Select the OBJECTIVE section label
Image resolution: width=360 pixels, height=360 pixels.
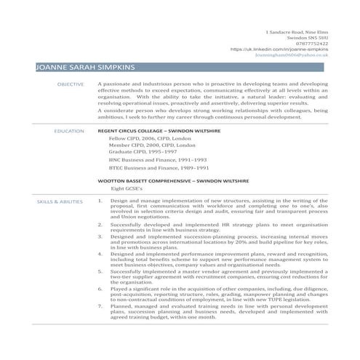pyautogui.click(x=71, y=85)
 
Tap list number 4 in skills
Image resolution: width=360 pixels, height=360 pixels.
pyautogui.click(x=100, y=253)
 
